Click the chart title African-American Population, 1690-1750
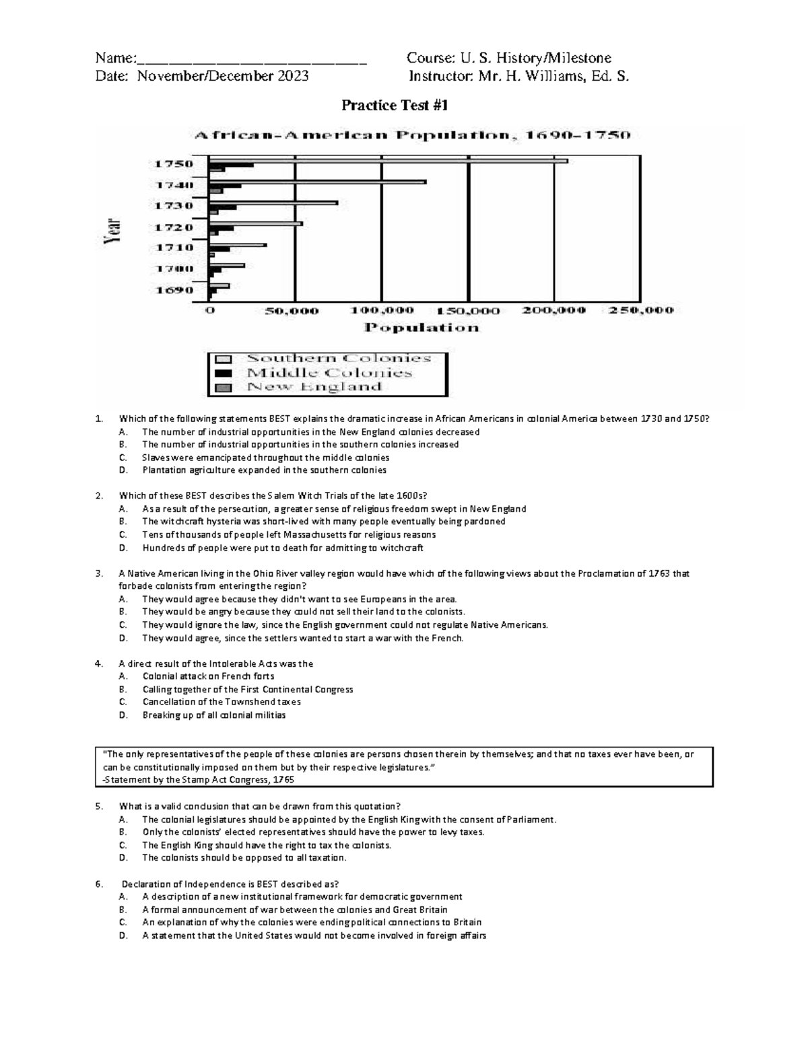pyautogui.click(x=413, y=135)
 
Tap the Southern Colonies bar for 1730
pyautogui.click(x=273, y=203)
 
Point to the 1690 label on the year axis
pyautogui.click(x=174, y=290)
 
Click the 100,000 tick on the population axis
pyautogui.click(x=382, y=311)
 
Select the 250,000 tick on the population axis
pyautogui.click(x=640, y=311)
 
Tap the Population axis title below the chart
pyautogui.click(x=422, y=328)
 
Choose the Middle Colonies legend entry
pyautogui.click(x=329, y=373)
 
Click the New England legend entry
pyautogui.click(x=314, y=387)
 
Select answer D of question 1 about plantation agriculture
pyautogui.click(x=264, y=470)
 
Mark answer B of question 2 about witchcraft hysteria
pyautogui.click(x=323, y=521)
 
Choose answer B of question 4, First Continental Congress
pyautogui.click(x=247, y=689)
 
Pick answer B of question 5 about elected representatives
pyautogui.click(x=312, y=832)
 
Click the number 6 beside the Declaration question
pyautogui.click(x=99, y=884)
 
